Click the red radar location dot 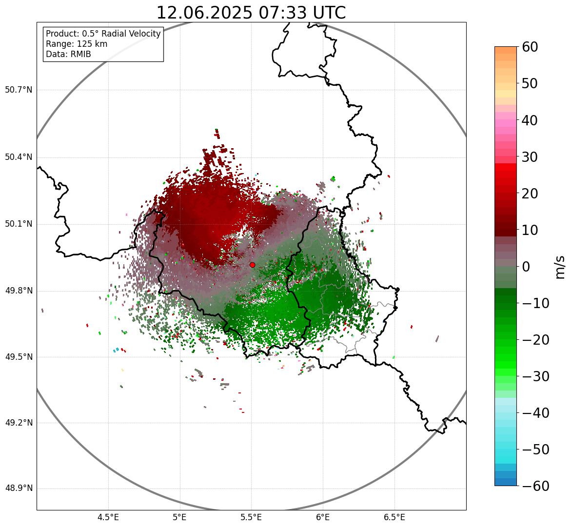click(x=252, y=265)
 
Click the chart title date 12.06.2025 click(x=204, y=13)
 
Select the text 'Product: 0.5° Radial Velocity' click(x=103, y=34)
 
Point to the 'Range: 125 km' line click(x=77, y=44)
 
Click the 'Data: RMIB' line click(x=68, y=54)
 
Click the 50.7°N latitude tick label click(x=19, y=90)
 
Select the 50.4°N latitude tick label click(x=19, y=157)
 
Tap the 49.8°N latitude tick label click(x=19, y=291)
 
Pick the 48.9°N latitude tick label click(x=19, y=488)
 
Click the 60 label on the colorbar click(x=530, y=47)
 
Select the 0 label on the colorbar click(x=526, y=267)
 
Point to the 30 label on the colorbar click(x=530, y=157)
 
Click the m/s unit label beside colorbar click(x=560, y=267)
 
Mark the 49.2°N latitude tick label click(x=19, y=423)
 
